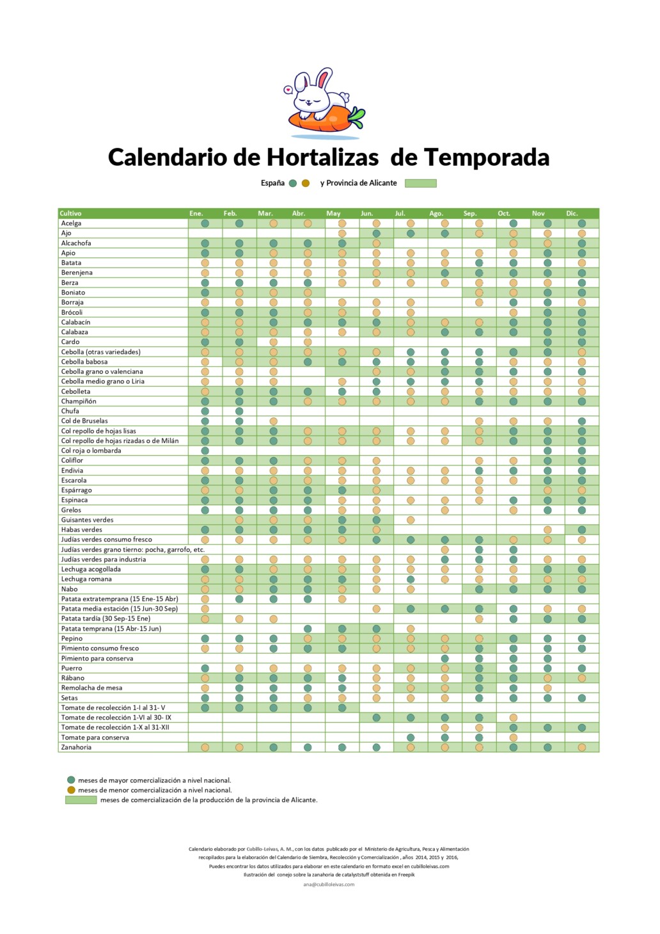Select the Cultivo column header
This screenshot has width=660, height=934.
click(x=71, y=213)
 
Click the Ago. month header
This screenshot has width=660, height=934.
click(x=436, y=213)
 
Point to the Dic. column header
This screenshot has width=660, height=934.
click(x=572, y=213)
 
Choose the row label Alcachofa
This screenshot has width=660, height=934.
click(x=76, y=243)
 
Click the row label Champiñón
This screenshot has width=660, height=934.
click(x=79, y=401)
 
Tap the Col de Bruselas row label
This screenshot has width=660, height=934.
click(x=84, y=421)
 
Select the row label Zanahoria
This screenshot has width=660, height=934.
click(x=76, y=747)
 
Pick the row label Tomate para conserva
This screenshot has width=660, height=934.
click(x=95, y=737)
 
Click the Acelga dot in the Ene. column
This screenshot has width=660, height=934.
click(x=205, y=223)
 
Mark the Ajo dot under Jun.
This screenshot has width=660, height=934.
click(x=377, y=233)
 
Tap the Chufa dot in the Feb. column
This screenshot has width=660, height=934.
click(x=239, y=411)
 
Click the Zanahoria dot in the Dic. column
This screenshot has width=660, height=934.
click(x=582, y=747)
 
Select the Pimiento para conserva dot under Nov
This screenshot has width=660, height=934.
click(x=547, y=658)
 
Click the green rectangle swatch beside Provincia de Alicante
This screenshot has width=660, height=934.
click(x=421, y=183)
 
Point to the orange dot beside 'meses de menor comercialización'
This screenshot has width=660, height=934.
click(x=71, y=790)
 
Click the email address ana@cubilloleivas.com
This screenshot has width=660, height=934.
click(x=329, y=884)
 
